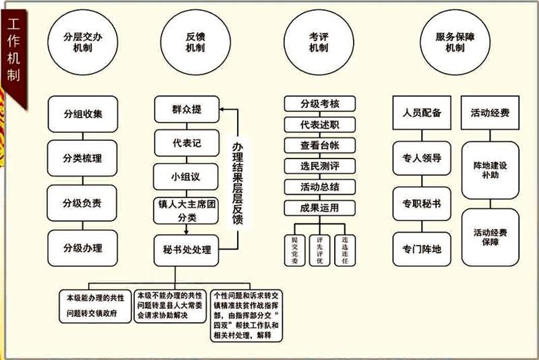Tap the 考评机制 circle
318,44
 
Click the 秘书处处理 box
187,249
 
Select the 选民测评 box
319,165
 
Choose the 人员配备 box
422,113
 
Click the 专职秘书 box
422,203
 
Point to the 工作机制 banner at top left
13,54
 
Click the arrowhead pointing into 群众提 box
225,109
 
